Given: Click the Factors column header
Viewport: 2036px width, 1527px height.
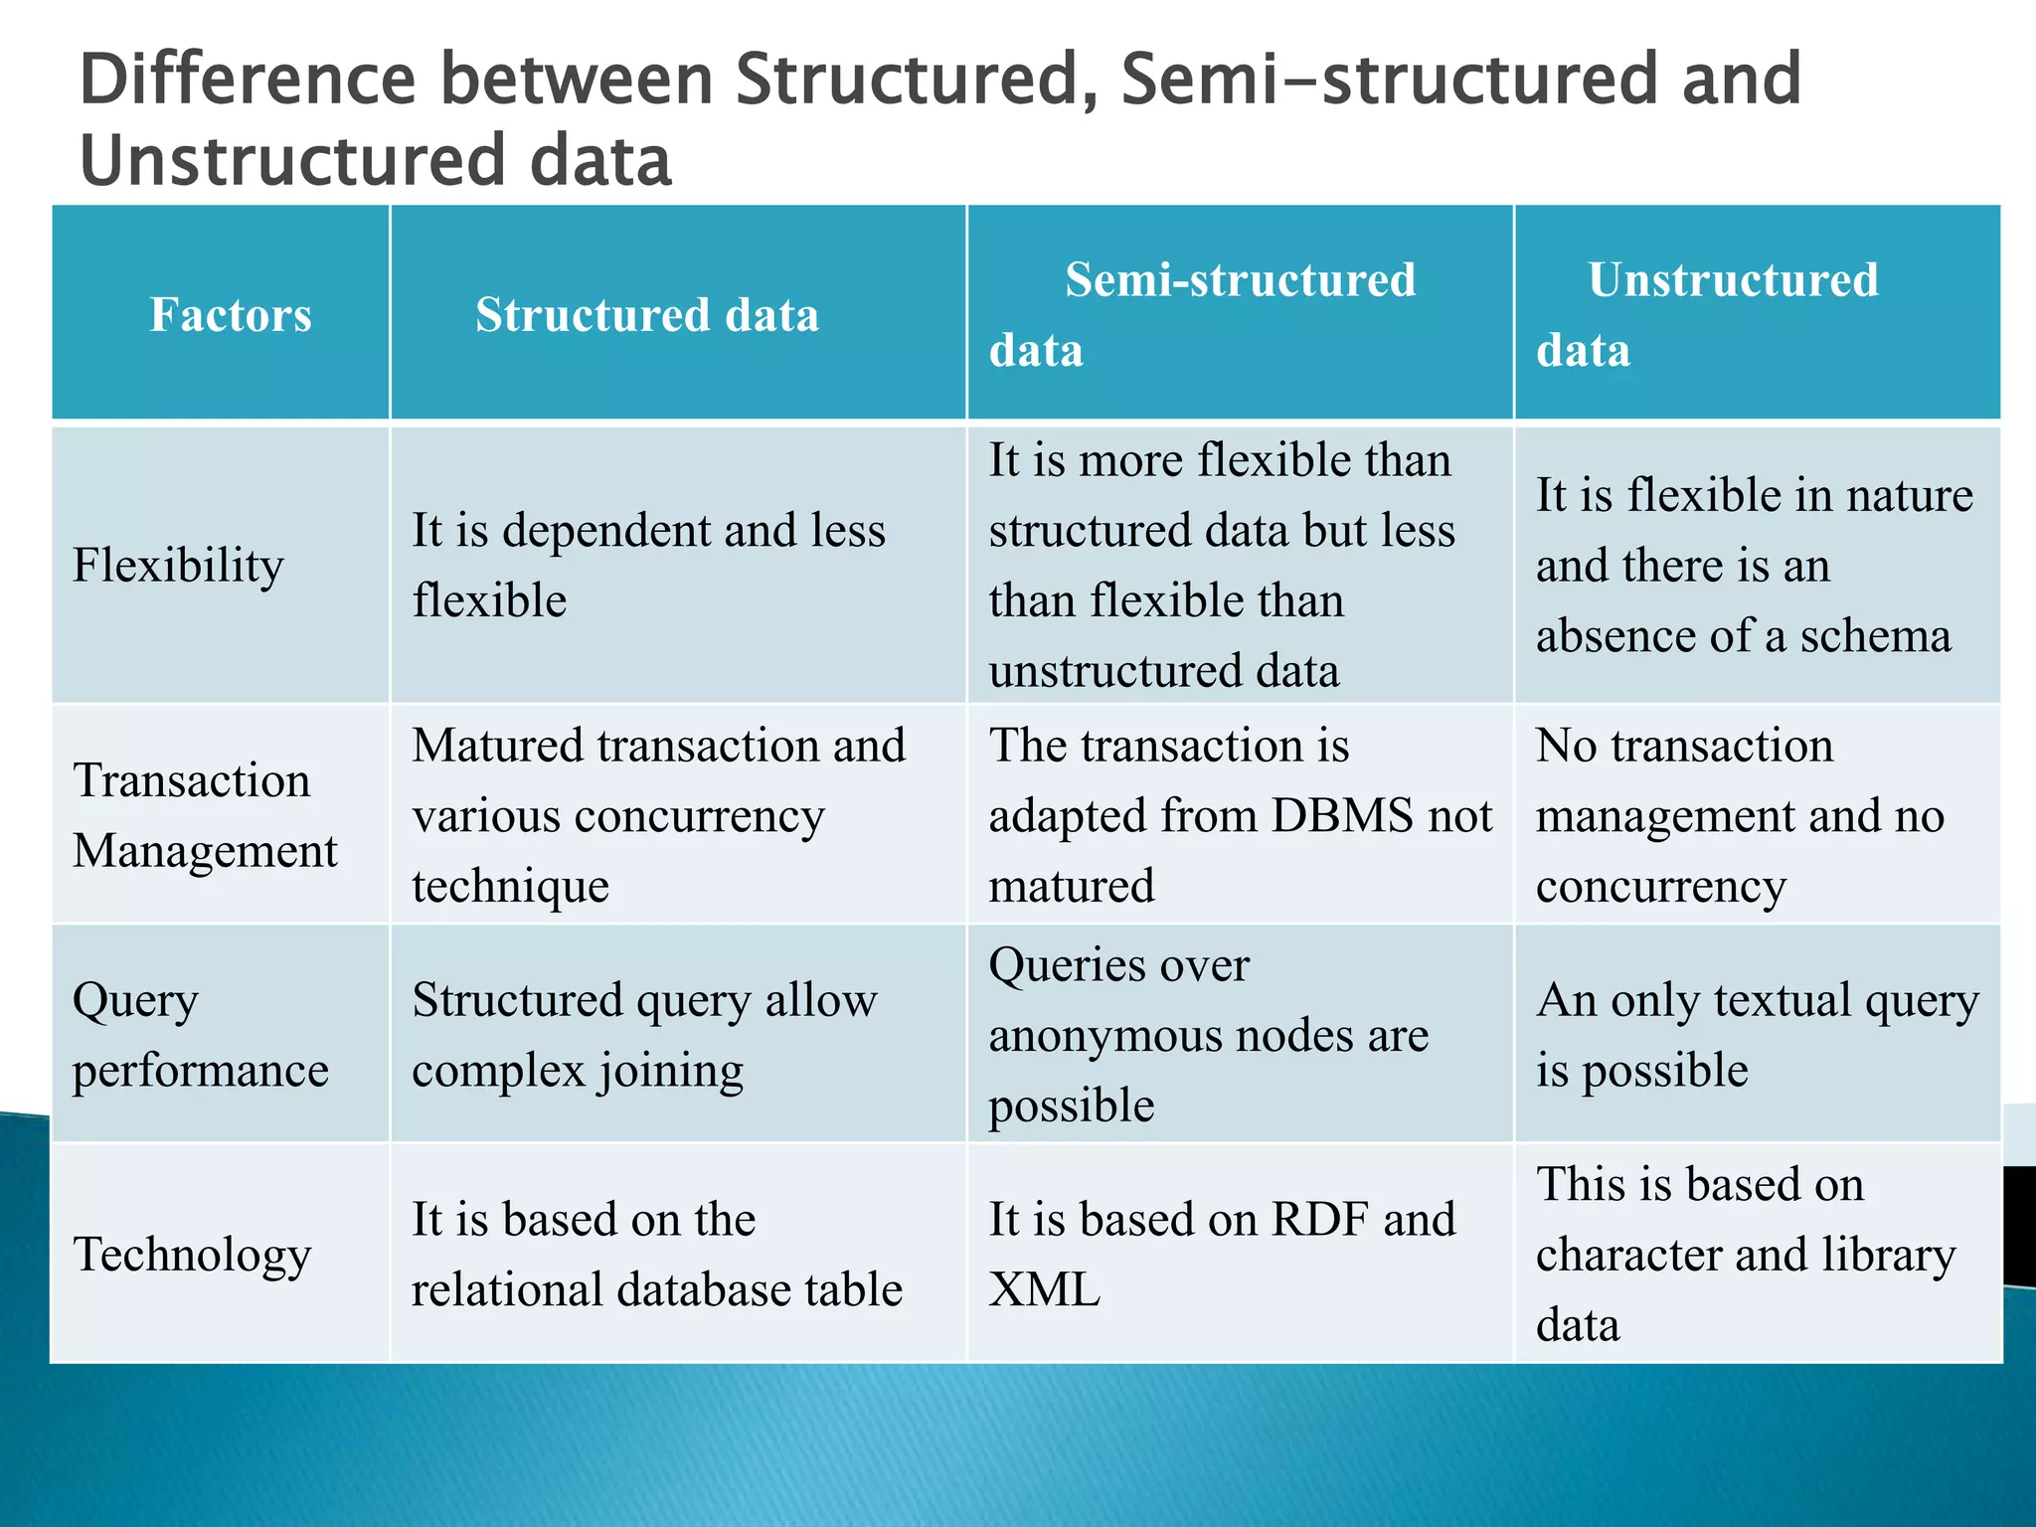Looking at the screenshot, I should tap(231, 315).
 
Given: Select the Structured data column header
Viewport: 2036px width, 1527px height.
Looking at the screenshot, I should tap(647, 315).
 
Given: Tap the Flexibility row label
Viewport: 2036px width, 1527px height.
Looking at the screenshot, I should tap(178, 566).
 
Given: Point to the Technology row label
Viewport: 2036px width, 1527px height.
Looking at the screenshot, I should tap(192, 1255).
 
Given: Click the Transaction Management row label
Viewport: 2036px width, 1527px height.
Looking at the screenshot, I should tap(205, 815).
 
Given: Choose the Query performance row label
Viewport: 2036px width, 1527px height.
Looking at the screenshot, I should tap(200, 1035).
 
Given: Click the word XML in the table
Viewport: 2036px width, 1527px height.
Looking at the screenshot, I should tap(1044, 1290).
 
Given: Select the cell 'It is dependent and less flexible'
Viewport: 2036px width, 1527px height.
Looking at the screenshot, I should tap(648, 566).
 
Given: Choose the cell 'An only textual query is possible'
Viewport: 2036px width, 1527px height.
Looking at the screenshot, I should tap(1757, 1035).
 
